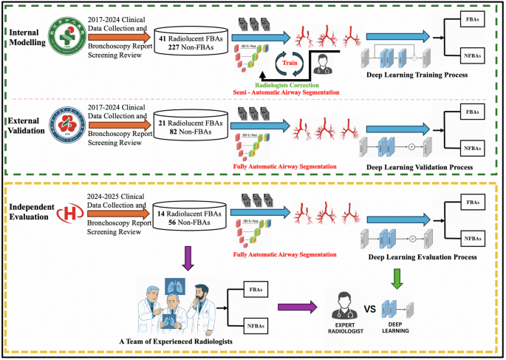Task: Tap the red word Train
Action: click(290, 64)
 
